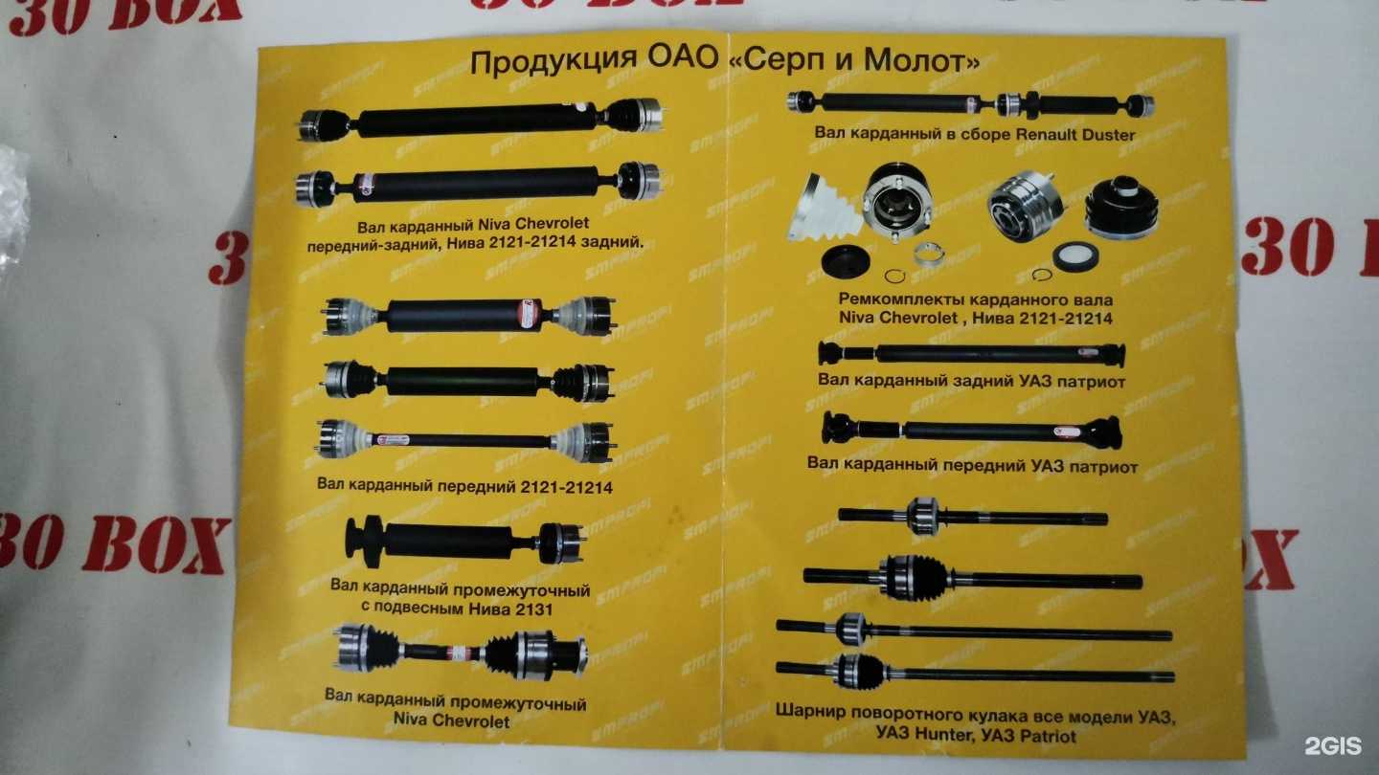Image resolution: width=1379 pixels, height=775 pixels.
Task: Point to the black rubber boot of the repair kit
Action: [1121, 206]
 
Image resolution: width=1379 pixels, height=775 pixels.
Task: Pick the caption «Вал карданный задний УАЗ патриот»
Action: [971, 381]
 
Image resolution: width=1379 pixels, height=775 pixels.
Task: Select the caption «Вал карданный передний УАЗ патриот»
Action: [972, 467]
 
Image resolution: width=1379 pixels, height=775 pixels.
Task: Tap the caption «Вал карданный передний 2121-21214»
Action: [464, 485]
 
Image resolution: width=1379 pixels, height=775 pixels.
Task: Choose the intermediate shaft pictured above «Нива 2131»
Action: [463, 542]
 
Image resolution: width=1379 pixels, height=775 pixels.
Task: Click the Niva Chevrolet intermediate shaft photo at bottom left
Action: [460, 653]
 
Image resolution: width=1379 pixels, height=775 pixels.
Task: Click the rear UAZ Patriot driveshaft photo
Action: [971, 354]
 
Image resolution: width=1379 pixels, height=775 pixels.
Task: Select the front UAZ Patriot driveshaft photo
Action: [972, 431]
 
